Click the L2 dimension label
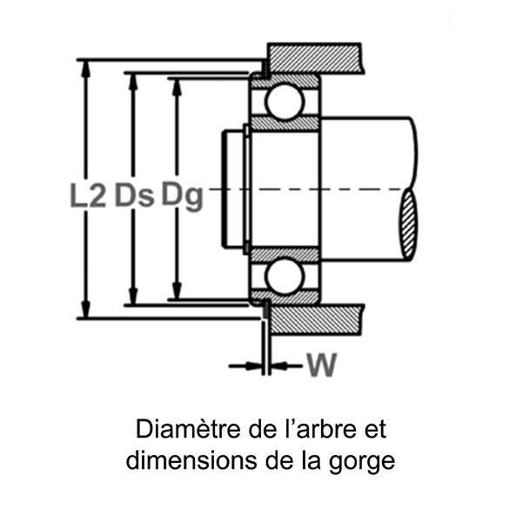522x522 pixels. click(87, 196)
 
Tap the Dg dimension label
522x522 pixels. click(181, 196)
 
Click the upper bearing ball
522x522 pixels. click(284, 102)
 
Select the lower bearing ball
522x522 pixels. click(284, 277)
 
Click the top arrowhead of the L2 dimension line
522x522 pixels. click(85, 66)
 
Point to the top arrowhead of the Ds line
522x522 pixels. click(133, 80)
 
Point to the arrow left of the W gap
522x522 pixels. click(248, 366)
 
